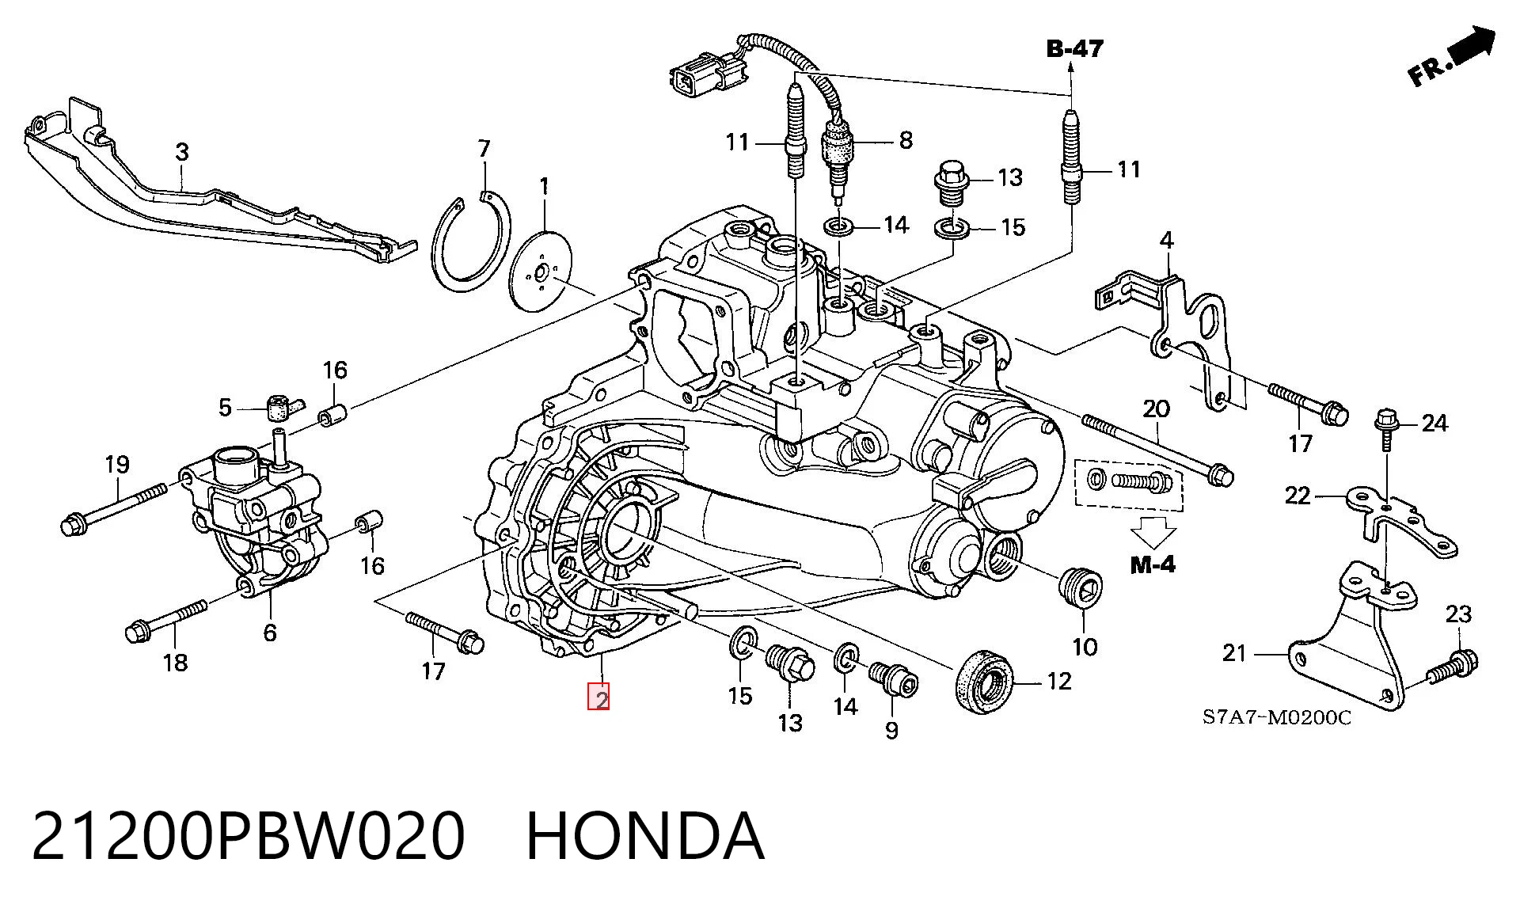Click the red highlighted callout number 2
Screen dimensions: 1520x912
coord(598,697)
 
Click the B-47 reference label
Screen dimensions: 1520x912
coord(1074,49)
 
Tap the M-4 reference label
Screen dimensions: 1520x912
coord(1153,564)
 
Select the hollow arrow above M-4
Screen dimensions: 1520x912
coord(1153,531)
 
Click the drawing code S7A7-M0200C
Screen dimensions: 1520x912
coord(1277,717)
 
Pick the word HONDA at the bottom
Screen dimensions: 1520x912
coord(645,837)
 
